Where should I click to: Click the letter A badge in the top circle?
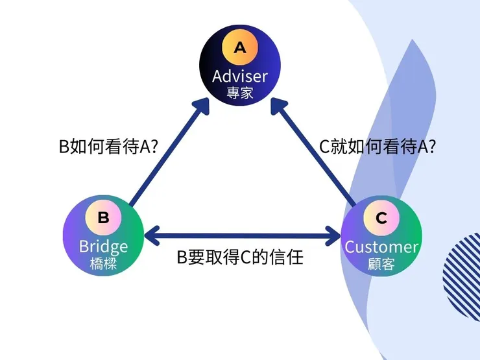tap(240, 47)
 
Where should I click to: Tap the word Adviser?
tap(240, 76)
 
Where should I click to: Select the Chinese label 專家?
tap(240, 93)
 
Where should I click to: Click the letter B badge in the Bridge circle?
tap(103, 217)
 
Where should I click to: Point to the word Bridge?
tap(104, 246)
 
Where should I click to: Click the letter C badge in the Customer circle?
tap(381, 218)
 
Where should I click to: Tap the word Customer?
tap(381, 246)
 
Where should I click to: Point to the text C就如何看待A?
tap(378, 147)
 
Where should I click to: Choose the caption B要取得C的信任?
tap(241, 258)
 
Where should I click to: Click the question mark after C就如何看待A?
tap(431, 147)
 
